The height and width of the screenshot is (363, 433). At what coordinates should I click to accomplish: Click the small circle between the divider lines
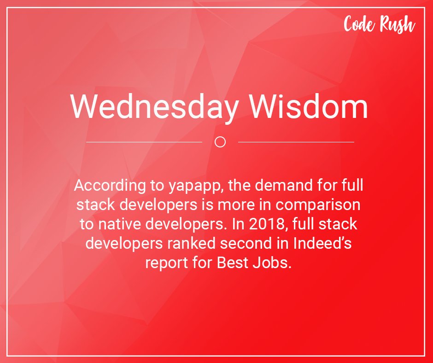220,142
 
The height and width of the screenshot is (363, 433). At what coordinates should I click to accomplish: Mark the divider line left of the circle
144,142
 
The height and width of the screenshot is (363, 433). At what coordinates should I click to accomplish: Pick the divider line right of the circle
296,142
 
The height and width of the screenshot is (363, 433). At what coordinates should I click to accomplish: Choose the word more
252,205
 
